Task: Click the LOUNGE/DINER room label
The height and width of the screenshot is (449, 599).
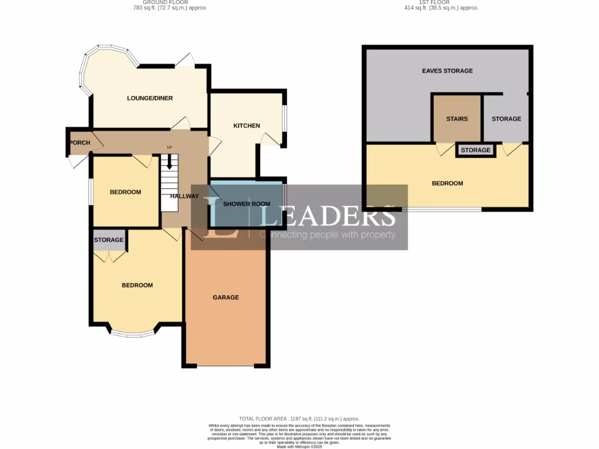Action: pyautogui.click(x=150, y=98)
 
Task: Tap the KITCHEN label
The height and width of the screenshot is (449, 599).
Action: pyautogui.click(x=246, y=126)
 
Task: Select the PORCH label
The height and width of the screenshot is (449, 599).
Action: pyautogui.click(x=80, y=143)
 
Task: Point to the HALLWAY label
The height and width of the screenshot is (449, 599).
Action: pyautogui.click(x=184, y=196)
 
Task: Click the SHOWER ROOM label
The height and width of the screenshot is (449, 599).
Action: pyautogui.click(x=246, y=203)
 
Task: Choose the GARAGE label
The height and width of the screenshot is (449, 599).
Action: pyautogui.click(x=225, y=298)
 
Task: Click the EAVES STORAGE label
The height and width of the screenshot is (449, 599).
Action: pyautogui.click(x=447, y=71)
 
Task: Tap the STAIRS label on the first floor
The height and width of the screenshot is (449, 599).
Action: pyautogui.click(x=457, y=119)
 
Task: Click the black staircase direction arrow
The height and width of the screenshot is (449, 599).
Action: pyautogui.click(x=170, y=161)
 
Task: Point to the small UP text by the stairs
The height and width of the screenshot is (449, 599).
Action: pyautogui.click(x=170, y=147)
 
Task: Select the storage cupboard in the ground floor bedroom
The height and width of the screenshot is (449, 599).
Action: pyautogui.click(x=109, y=240)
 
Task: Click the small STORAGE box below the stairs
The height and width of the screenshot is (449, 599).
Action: pyautogui.click(x=476, y=150)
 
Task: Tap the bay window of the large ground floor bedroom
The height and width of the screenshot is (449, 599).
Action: pyautogui.click(x=133, y=334)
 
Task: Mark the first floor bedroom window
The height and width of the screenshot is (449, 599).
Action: pyautogui.click(x=442, y=209)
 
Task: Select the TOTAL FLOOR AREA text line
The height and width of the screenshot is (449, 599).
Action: pyautogui.click(x=299, y=419)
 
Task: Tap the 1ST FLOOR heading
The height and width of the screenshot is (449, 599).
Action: pyautogui.click(x=442, y=3)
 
